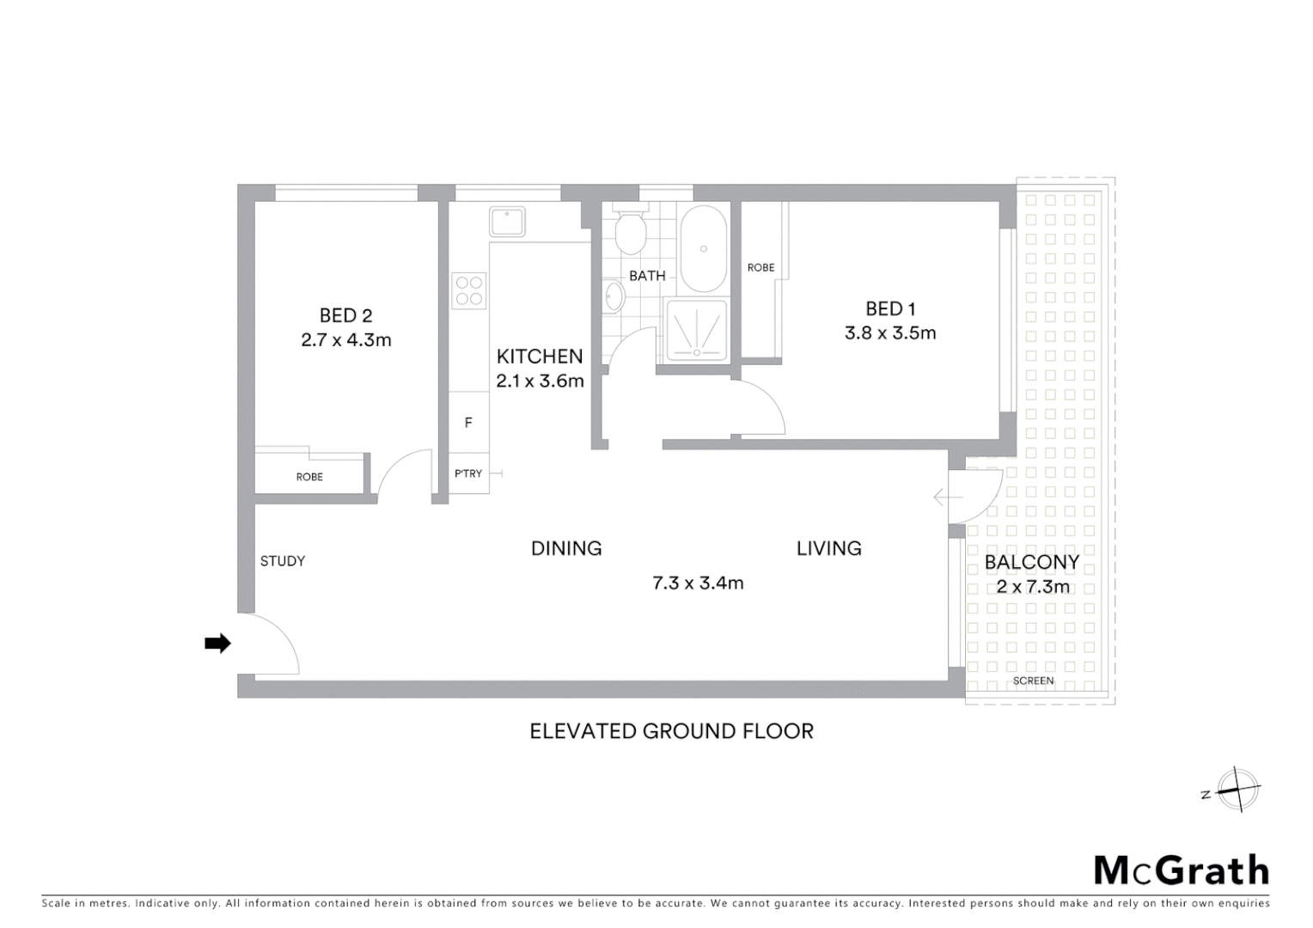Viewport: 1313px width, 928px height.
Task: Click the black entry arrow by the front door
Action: coord(217,643)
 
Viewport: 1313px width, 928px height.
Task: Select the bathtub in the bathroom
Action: coord(704,249)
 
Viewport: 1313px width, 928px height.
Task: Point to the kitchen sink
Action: coord(507,221)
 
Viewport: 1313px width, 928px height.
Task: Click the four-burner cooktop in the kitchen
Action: coord(469,290)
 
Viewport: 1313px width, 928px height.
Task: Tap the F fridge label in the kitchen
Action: coord(468,422)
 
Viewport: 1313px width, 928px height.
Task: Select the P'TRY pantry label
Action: coord(468,473)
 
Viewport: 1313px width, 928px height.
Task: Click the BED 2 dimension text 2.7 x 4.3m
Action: coord(345,340)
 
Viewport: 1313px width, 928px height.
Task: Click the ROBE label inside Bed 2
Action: coord(309,477)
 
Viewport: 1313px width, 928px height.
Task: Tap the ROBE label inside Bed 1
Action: coord(760,268)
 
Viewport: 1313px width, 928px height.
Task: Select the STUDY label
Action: coord(282,561)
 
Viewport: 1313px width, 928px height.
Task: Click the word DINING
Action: coord(566,548)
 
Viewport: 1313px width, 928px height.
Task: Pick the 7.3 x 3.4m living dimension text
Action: coord(698,583)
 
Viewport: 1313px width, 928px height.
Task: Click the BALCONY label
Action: coord(1031,563)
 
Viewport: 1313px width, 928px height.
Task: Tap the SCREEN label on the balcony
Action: coord(1033,681)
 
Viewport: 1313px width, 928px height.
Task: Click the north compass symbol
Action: coord(1237,789)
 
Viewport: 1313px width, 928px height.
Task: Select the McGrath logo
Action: coord(1181,870)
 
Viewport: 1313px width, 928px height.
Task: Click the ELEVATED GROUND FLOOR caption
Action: coord(671,731)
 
